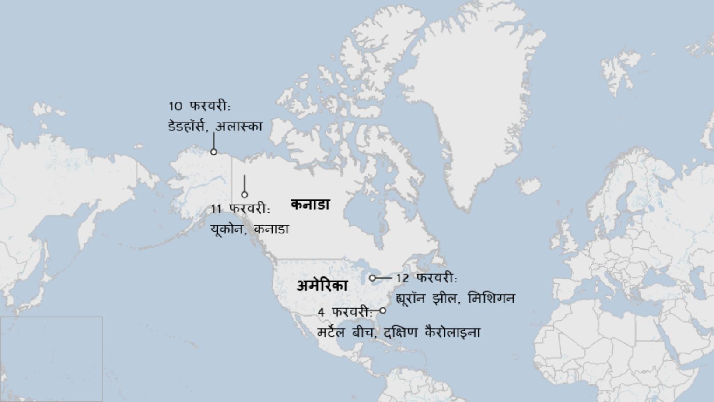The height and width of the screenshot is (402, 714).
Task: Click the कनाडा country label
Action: click(x=310, y=205)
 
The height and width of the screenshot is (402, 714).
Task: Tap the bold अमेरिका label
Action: click(x=322, y=286)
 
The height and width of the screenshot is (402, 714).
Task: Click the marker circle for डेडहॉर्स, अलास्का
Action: click(x=213, y=152)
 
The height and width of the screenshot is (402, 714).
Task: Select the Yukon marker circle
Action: click(x=245, y=194)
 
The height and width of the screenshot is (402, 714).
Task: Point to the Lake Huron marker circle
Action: click(x=372, y=278)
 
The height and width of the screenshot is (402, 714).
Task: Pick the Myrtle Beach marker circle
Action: click(x=382, y=310)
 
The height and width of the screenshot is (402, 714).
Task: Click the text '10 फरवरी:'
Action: click(x=199, y=106)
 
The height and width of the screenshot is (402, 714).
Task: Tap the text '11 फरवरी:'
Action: click(x=241, y=209)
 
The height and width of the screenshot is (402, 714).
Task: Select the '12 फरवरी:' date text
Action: click(x=427, y=278)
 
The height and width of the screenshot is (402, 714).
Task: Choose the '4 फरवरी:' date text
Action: click(x=345, y=312)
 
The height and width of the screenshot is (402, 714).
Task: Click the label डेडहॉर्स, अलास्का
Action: click(x=215, y=127)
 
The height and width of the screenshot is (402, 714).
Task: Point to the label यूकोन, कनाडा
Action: click(x=249, y=229)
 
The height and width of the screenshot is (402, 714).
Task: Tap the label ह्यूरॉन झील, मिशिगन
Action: click(x=455, y=299)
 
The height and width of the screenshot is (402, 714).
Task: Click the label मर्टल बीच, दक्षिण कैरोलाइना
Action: click(x=399, y=332)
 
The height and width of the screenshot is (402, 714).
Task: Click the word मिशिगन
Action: click(x=491, y=299)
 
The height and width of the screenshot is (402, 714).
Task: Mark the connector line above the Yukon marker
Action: click(x=245, y=183)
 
